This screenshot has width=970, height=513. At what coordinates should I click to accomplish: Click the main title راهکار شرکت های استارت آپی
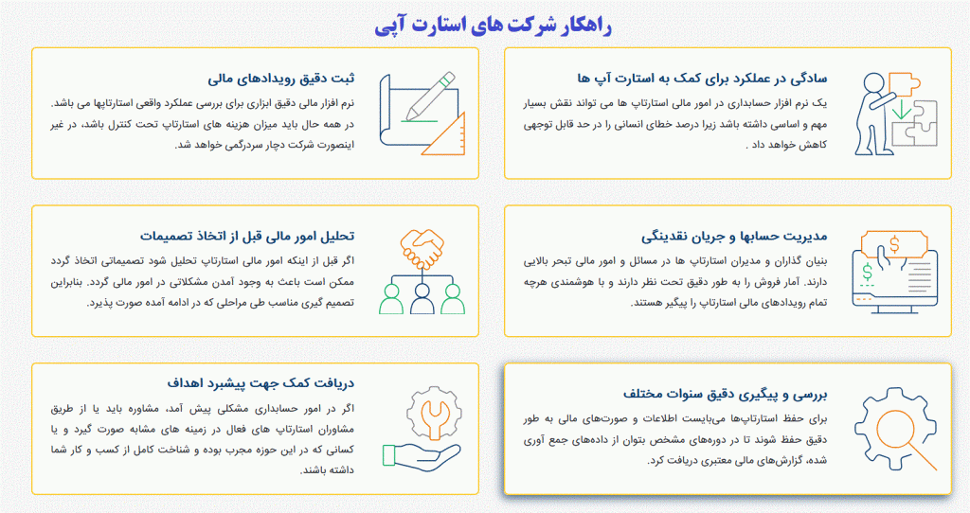click(493, 26)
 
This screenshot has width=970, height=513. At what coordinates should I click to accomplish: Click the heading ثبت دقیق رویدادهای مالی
click(280, 79)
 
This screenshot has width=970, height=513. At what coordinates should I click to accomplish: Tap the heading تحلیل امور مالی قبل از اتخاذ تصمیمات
click(247, 236)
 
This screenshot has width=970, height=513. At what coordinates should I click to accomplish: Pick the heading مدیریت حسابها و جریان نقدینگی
click(734, 236)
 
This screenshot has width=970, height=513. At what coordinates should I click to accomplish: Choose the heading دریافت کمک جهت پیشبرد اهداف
click(260, 383)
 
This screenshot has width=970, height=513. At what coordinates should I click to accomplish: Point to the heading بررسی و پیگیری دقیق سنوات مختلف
click(725, 395)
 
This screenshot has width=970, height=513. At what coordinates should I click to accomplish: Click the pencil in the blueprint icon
click(430, 97)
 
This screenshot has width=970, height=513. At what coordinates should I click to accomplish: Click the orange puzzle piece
click(903, 84)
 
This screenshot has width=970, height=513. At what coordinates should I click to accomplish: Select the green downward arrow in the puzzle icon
click(902, 109)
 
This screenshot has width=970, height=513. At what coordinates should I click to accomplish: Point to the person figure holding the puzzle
click(873, 115)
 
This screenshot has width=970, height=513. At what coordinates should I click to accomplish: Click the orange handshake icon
click(422, 249)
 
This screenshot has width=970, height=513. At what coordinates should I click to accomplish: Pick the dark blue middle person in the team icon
click(422, 298)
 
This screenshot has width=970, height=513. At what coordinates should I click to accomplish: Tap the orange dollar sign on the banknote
click(894, 245)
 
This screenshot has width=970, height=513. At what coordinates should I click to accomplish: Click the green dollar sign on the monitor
click(868, 272)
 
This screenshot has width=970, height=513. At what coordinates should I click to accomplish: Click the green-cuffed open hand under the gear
click(422, 457)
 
